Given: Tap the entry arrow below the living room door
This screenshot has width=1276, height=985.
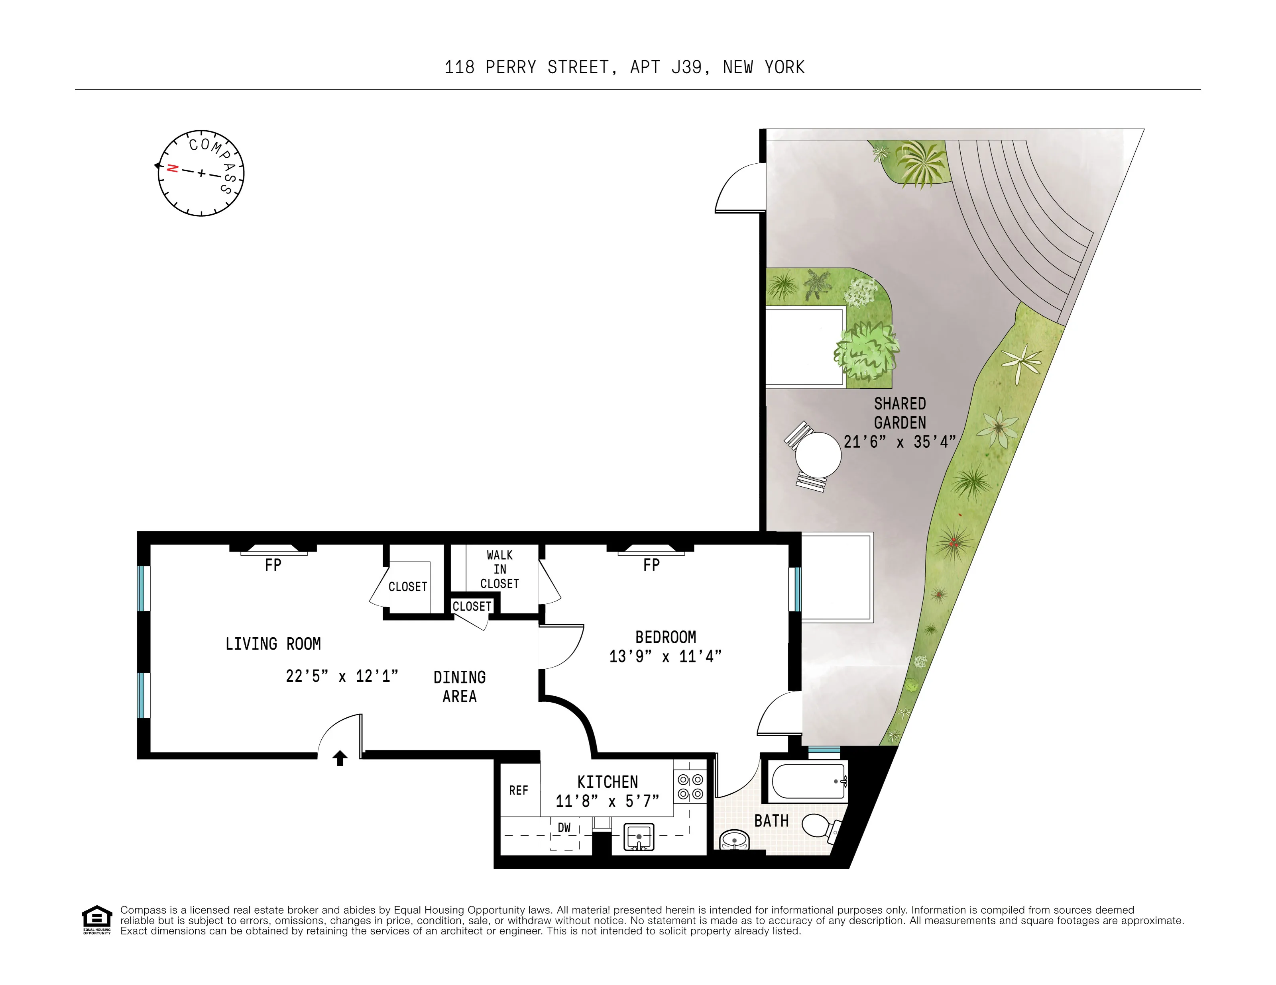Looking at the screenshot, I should (x=340, y=758).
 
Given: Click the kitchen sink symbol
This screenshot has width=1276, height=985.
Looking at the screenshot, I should (x=639, y=837).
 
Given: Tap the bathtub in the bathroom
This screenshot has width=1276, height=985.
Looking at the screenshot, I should (x=808, y=782).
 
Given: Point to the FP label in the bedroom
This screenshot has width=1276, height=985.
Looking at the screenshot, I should (x=651, y=565).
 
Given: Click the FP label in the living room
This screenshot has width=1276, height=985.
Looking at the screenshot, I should (x=273, y=565).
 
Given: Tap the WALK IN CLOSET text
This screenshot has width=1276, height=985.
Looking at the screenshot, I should (x=499, y=569).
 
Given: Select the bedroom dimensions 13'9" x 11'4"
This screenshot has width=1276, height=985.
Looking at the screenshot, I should (x=665, y=656).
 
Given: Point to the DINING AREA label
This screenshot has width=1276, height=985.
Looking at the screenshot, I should (x=460, y=687).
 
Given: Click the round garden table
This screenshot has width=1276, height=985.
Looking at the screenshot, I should (x=818, y=455).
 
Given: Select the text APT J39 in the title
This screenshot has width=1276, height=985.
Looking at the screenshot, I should (x=665, y=68).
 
